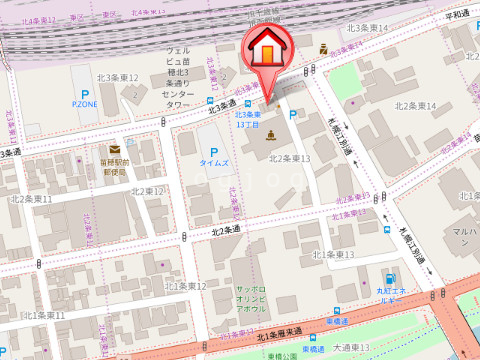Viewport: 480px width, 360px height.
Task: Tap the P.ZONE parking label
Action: [x=85, y=103]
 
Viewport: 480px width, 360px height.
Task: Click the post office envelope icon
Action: [x=115, y=150]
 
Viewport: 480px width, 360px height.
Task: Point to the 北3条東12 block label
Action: [x=118, y=77]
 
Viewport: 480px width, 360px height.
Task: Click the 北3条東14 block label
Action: [x=367, y=28]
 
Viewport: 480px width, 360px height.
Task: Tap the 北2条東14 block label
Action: [x=416, y=105]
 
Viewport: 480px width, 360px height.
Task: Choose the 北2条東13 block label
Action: [x=290, y=158]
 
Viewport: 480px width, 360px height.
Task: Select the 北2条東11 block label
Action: [x=31, y=200]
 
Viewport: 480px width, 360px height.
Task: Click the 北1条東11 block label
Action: [x=44, y=315]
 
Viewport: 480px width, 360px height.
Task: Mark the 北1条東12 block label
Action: [x=185, y=286]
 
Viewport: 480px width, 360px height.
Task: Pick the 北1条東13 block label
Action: [x=334, y=254]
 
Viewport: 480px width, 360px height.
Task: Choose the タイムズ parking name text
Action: [x=214, y=163]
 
